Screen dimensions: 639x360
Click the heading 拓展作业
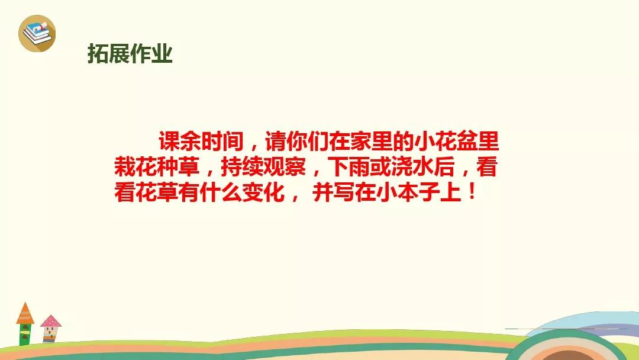(130, 54)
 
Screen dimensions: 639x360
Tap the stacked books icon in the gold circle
(37, 33)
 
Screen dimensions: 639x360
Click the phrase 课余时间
(201, 142)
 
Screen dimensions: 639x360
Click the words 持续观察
(263, 167)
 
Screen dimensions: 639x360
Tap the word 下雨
(349, 167)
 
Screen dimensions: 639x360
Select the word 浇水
(413, 167)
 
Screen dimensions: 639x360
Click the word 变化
(264, 192)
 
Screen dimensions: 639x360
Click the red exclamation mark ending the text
(472, 192)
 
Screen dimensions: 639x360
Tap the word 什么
(221, 192)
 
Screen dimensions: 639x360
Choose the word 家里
(372, 142)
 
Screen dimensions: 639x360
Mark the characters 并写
(334, 192)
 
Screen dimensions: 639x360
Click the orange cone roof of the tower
(25, 314)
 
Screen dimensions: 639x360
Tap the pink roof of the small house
(51, 322)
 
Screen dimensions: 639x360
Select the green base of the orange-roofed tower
(25, 335)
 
